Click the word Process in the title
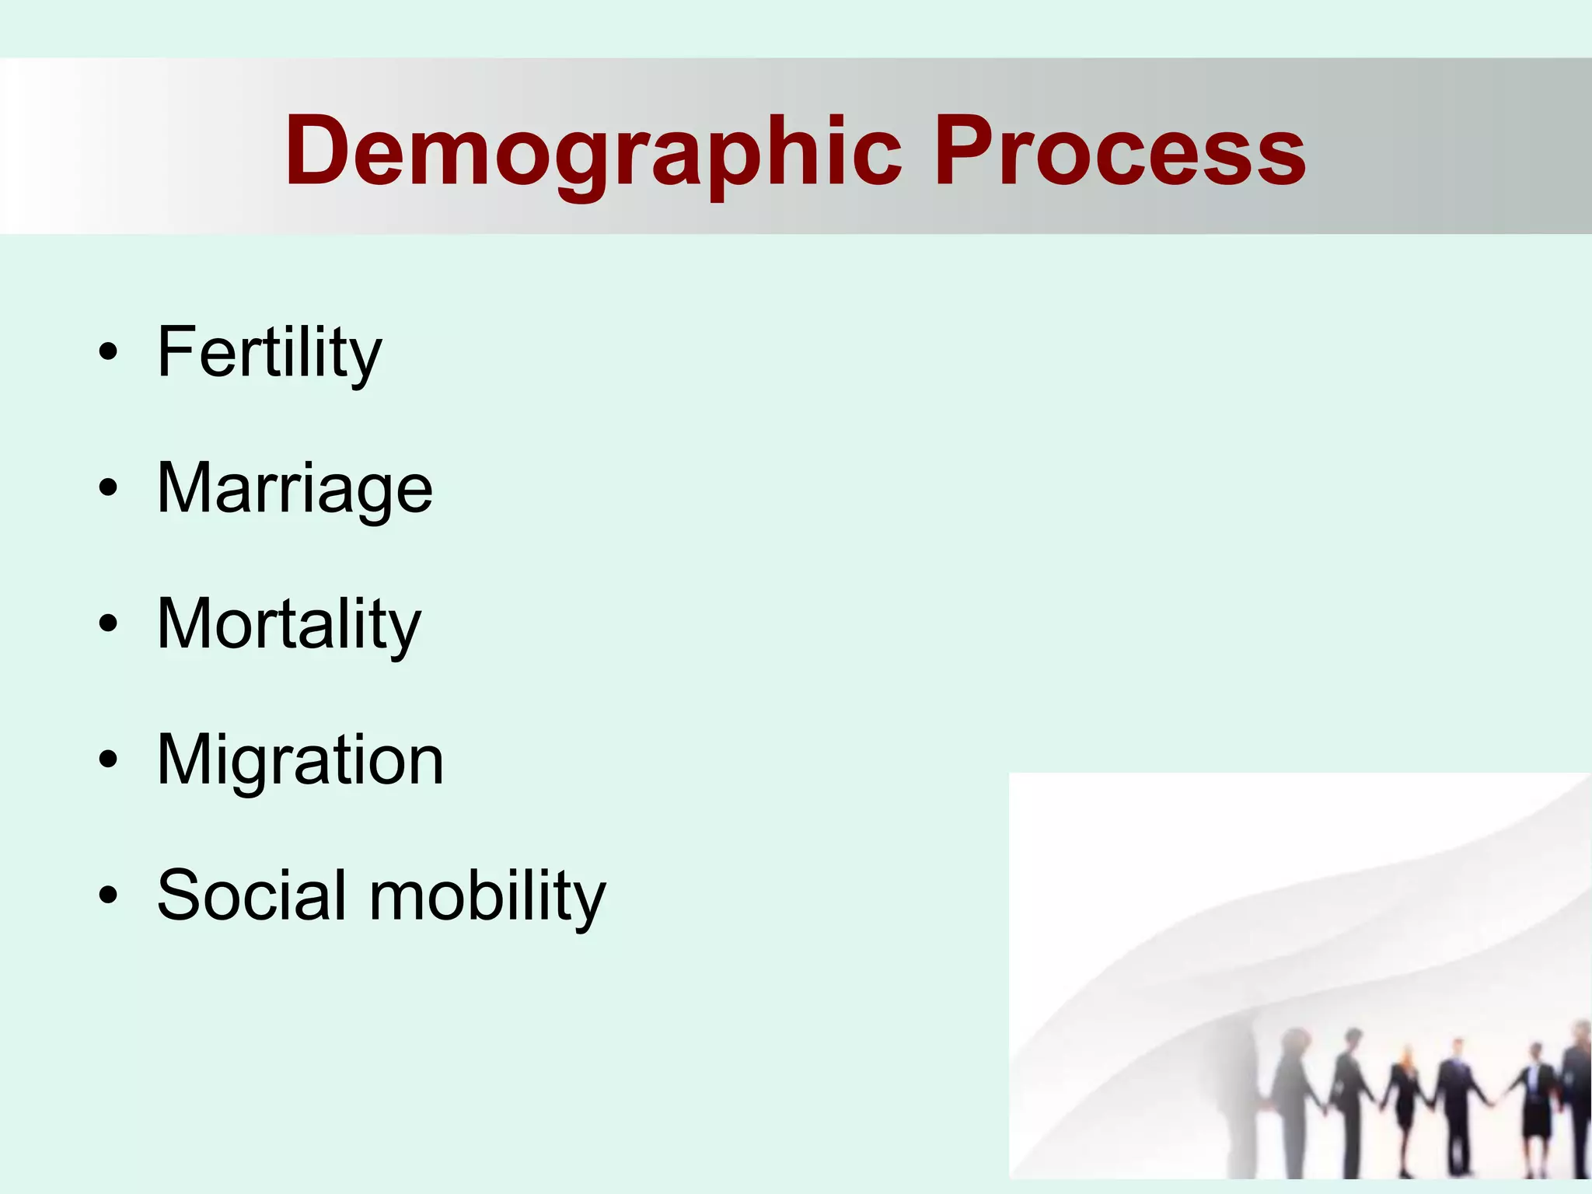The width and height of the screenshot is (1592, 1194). pyautogui.click(x=1119, y=152)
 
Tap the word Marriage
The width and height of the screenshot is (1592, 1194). pyautogui.click(x=295, y=489)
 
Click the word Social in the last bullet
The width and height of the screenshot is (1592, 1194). pyautogui.click(x=251, y=895)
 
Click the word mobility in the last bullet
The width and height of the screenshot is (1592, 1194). pyautogui.click(x=487, y=895)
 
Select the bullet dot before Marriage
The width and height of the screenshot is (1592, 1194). pyautogui.click(x=108, y=488)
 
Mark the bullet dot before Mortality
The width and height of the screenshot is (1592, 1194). pyautogui.click(x=108, y=624)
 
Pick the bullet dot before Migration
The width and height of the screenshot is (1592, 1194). pyautogui.click(x=108, y=759)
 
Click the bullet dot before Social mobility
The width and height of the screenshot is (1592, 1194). pyautogui.click(x=108, y=895)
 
